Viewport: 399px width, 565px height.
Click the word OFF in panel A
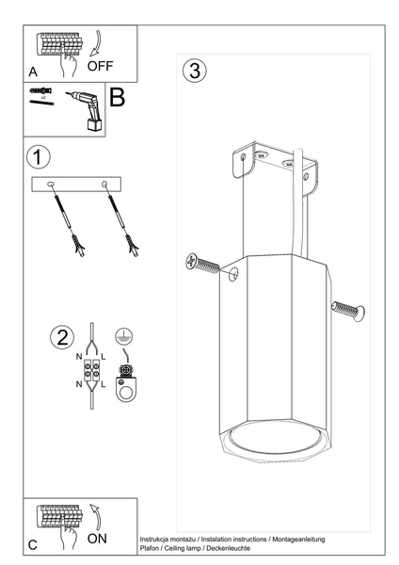coord(102,66)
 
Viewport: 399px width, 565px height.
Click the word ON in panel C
coord(98,539)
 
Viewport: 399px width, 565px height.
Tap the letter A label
coord(33,72)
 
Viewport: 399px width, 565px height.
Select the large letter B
coord(118,97)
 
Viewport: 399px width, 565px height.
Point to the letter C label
coord(33,544)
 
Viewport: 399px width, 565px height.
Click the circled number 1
coord(38,156)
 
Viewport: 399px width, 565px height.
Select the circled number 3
coord(194,71)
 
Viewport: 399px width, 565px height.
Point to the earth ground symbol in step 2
coord(120,335)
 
